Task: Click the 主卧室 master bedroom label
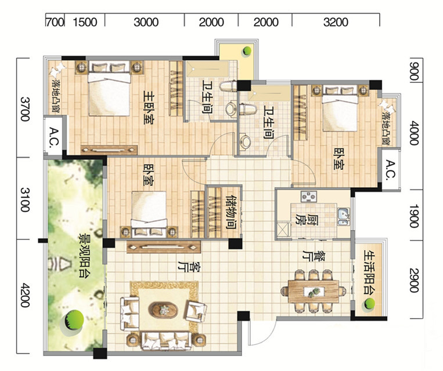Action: click(149, 107)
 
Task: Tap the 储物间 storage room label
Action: click(231, 212)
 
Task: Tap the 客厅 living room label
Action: click(189, 267)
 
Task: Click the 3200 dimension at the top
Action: click(336, 22)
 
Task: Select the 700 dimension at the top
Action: click(55, 22)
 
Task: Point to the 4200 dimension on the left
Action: click(25, 296)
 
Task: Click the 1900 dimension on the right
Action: click(414, 216)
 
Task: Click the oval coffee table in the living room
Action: click(164, 310)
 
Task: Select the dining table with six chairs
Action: click(314, 292)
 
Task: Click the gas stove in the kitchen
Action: click(309, 197)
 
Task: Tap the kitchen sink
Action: click(344, 217)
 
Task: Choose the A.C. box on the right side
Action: click(390, 170)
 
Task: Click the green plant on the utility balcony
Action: click(369, 304)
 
